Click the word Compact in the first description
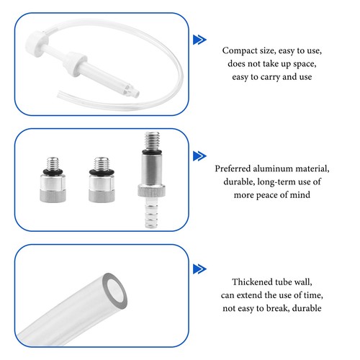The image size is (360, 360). tap(236, 51)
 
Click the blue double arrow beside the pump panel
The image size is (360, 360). tap(199, 40)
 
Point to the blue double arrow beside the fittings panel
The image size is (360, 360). tap(199, 156)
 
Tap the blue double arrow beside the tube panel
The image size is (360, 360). tap(199, 269)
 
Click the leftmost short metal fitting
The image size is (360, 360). tap(53, 179)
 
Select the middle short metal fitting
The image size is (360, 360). tap(102, 179)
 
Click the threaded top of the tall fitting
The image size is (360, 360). tap(152, 140)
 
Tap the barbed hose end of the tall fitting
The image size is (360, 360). tap(151, 213)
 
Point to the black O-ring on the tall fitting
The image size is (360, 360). tap(152, 152)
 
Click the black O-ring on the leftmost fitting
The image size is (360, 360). tap(53, 171)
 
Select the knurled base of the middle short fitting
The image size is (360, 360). tap(102, 196)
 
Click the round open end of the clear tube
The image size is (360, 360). tap(114, 291)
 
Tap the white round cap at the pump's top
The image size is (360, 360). tap(37, 44)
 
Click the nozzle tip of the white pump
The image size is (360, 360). tap(135, 93)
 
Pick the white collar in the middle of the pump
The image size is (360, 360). tap(75, 63)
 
